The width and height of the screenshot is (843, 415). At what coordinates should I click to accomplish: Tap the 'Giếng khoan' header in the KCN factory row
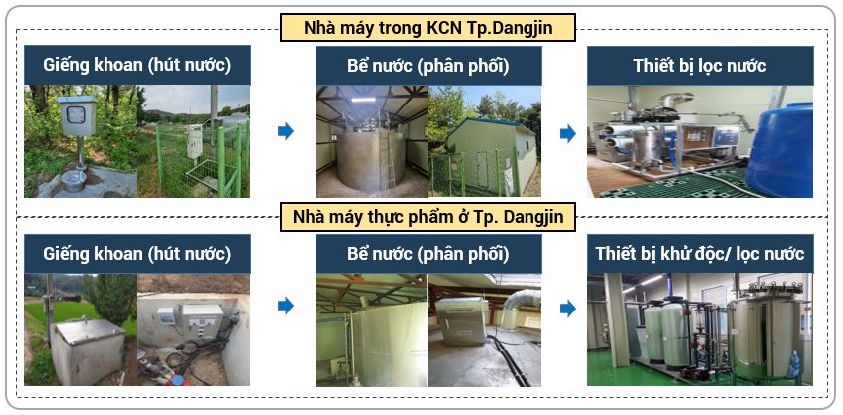tap(137, 66)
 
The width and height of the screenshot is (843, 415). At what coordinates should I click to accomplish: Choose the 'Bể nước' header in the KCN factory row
tap(428, 66)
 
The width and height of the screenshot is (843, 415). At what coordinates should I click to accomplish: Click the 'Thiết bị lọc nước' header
tap(700, 66)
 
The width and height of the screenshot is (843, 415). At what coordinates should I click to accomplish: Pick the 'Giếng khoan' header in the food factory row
tap(137, 254)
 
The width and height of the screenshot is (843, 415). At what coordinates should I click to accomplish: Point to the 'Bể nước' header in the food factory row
tap(428, 254)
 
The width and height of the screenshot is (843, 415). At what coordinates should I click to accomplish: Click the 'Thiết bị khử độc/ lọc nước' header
tap(700, 254)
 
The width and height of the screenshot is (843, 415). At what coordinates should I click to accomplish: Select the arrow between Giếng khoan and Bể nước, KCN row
tap(285, 131)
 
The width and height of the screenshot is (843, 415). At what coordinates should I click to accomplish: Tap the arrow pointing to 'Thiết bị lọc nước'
tap(568, 132)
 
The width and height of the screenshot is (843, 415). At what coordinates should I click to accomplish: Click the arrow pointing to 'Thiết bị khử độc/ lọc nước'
tap(568, 309)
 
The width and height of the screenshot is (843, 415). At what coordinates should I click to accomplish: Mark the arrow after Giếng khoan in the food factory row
tap(285, 306)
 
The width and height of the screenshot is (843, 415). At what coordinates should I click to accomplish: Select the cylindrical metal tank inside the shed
tap(370, 159)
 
